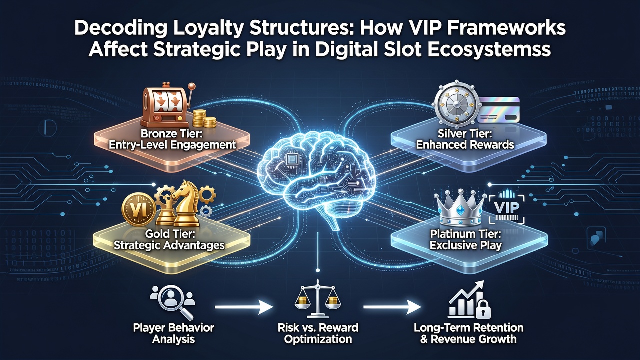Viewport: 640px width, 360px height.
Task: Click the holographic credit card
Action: tap(498, 110)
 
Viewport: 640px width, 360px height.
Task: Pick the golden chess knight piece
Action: tap(185, 203)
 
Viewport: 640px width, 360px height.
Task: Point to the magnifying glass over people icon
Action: tap(173, 301)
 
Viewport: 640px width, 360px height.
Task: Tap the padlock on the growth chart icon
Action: tap(483, 310)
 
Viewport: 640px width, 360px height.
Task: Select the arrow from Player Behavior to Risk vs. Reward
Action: tap(244, 307)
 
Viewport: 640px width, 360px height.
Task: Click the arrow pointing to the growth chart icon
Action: tap(392, 307)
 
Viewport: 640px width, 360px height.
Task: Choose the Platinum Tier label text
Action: tap(465, 234)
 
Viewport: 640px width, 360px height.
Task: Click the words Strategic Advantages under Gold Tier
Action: tap(169, 245)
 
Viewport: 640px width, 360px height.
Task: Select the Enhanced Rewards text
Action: tap(465, 145)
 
